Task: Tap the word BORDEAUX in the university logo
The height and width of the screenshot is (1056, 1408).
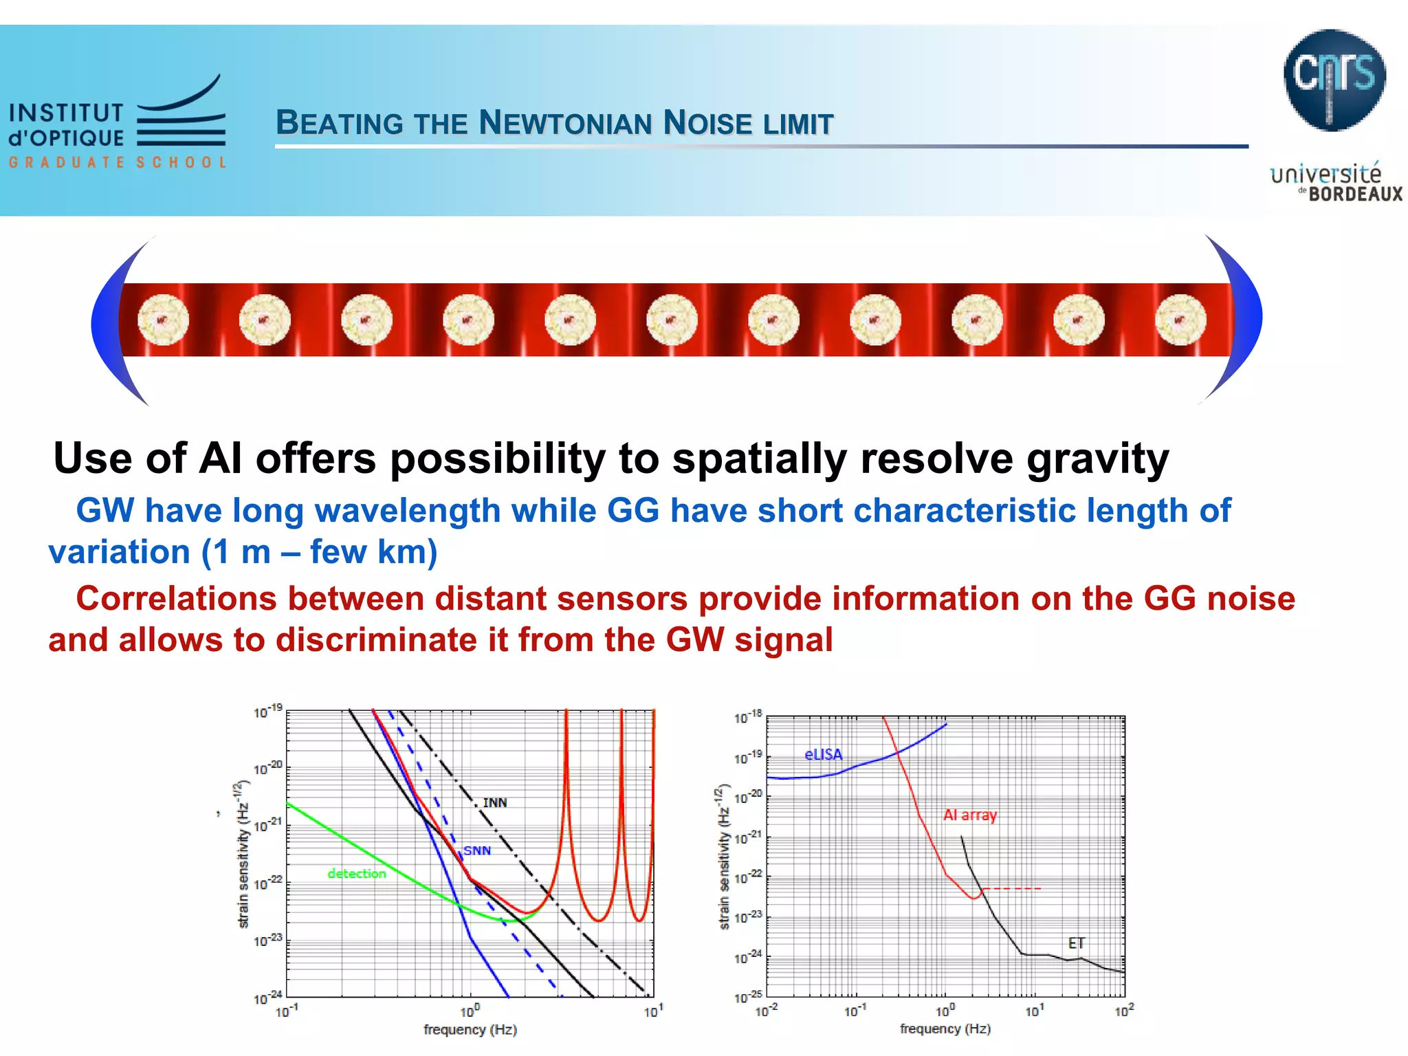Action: [1355, 195]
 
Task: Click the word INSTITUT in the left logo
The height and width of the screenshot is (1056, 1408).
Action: [66, 113]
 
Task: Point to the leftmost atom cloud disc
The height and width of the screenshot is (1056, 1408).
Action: [163, 320]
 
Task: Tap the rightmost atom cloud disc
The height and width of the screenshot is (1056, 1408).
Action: [1180, 320]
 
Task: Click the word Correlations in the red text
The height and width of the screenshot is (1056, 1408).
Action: [176, 599]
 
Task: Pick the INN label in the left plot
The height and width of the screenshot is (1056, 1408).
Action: [495, 803]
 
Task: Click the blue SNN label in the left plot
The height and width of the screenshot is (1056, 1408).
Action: [477, 851]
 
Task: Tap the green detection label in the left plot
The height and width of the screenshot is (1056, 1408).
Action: [357, 874]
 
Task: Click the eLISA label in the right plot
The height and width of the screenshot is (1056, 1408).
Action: [823, 755]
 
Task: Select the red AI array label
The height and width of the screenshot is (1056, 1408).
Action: [969, 815]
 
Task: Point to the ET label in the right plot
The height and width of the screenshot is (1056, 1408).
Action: [1076, 943]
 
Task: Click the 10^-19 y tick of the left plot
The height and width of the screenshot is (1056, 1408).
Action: [267, 712]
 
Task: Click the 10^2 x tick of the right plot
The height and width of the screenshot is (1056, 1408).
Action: [1123, 1011]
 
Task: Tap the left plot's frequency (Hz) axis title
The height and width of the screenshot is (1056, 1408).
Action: [470, 1030]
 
